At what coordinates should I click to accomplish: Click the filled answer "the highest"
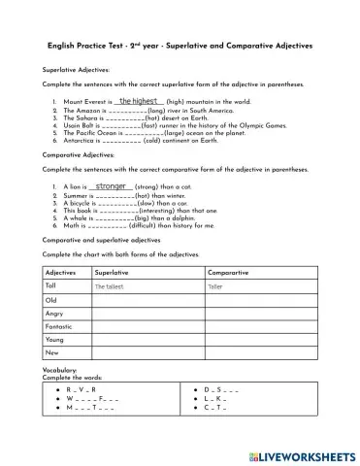coord(138,100)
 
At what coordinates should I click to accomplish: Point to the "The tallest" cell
coord(111,287)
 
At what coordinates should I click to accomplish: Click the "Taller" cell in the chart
coord(215,287)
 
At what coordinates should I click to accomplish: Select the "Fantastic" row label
coord(61,327)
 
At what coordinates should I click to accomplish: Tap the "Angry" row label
coord(54,314)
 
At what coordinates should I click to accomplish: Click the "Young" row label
coord(54,341)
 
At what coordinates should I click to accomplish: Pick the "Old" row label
coord(51,300)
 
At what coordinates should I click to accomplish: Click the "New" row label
coord(51,354)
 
